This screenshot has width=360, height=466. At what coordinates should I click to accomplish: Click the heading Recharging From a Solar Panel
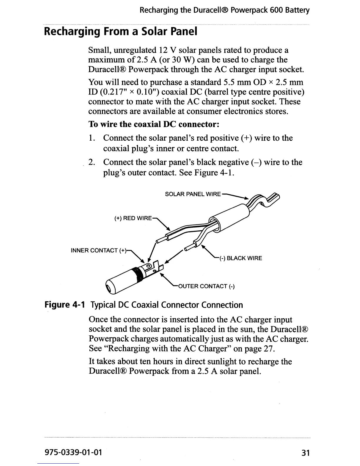120,31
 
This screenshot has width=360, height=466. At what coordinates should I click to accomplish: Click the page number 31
306,452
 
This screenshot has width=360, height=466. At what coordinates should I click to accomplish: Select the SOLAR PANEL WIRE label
193,194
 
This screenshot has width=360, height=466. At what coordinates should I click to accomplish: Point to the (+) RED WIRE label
133,218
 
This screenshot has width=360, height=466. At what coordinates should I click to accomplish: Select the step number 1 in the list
92,138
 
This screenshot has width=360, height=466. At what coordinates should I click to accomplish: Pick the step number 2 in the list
92,162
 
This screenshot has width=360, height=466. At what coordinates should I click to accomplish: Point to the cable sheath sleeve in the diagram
229,217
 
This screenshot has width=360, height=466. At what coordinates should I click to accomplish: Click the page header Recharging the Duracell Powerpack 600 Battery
224,11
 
